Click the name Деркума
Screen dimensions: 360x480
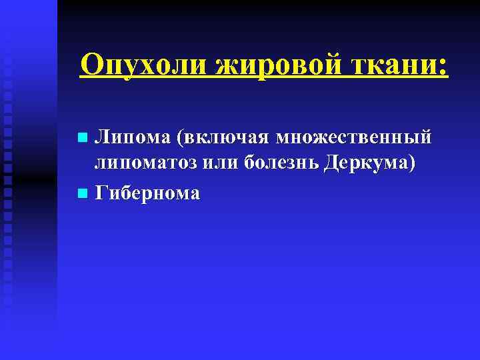point(365,165)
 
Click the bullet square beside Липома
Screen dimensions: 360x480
point(82,139)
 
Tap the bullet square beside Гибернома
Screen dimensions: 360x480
point(82,194)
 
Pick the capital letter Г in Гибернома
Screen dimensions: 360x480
point(101,193)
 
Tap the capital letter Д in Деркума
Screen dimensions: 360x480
point(331,164)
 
